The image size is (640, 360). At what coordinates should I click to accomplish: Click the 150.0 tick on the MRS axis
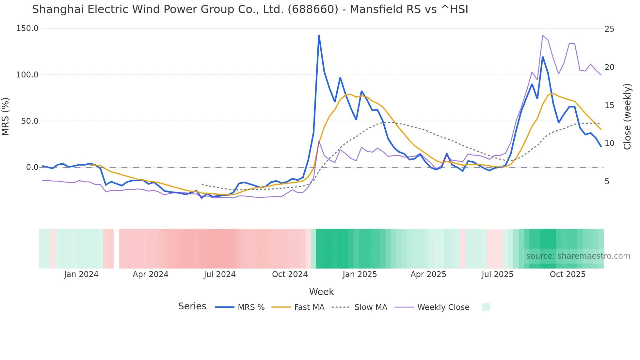(x=27, y=28)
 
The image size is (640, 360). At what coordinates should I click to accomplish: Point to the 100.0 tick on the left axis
(x=27, y=75)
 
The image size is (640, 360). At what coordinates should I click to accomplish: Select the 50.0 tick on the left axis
(x=29, y=121)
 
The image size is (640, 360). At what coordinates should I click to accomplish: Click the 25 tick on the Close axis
(x=609, y=29)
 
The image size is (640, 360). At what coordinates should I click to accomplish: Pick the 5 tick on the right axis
(x=607, y=182)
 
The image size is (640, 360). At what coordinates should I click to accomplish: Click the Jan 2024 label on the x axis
(x=81, y=274)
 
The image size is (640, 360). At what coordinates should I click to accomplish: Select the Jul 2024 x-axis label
(x=220, y=274)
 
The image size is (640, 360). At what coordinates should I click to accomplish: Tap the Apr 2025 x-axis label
(x=428, y=274)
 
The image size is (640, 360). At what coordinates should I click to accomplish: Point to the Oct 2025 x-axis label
(x=568, y=274)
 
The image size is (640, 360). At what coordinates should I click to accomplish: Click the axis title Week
(x=321, y=292)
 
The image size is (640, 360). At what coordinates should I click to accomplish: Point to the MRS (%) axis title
(x=6, y=116)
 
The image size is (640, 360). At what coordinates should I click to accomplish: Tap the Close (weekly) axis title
(x=627, y=117)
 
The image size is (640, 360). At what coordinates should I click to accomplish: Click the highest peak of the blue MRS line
(x=319, y=36)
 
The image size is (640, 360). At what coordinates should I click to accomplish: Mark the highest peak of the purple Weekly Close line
(x=542, y=35)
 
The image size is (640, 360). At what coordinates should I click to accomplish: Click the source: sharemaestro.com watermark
(x=578, y=256)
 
